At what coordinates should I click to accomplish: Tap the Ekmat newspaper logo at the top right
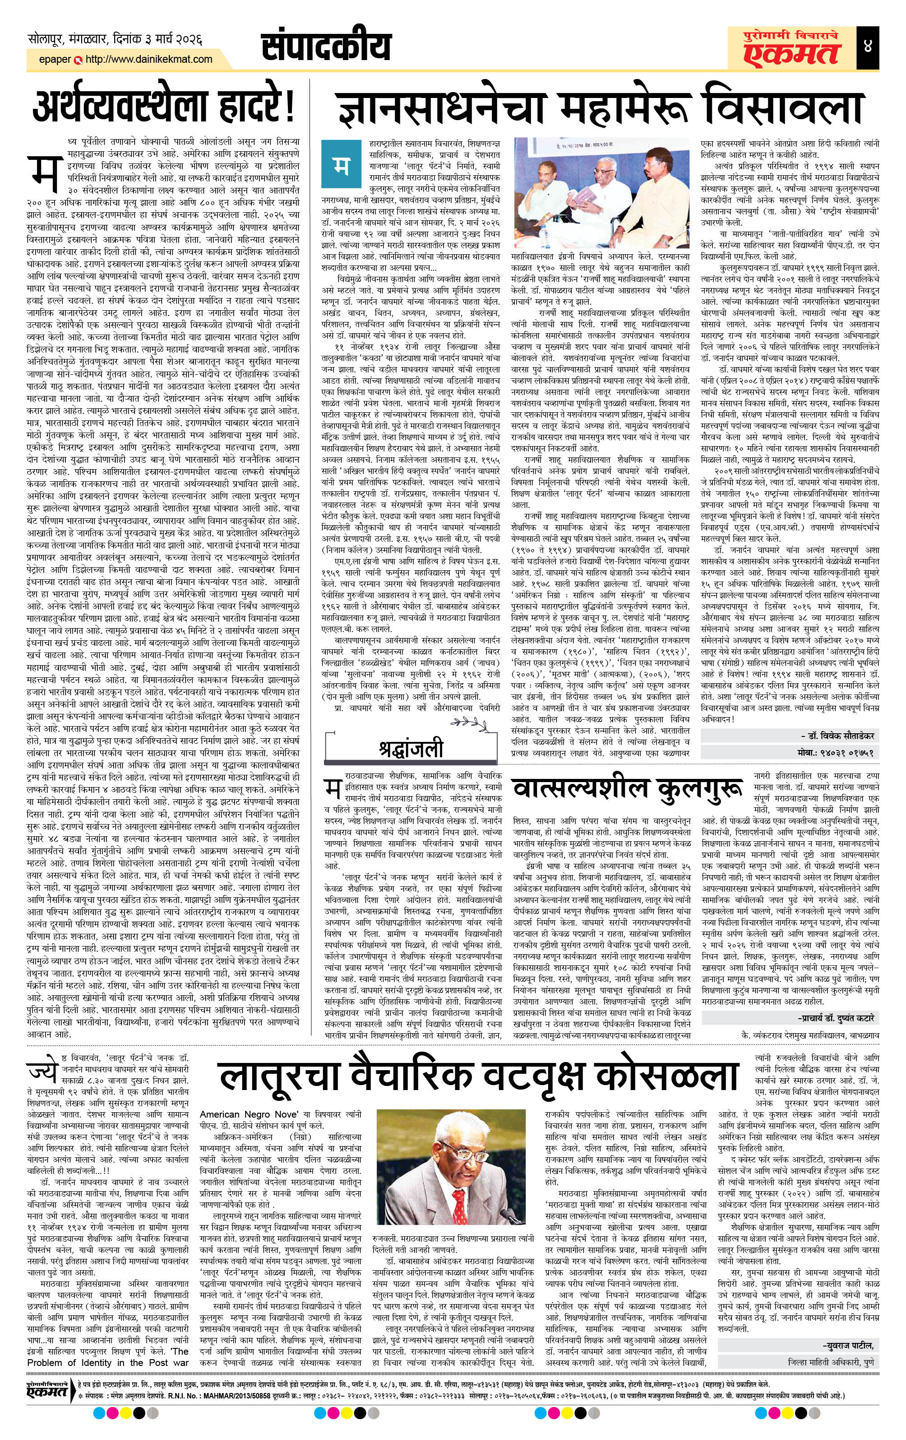786,46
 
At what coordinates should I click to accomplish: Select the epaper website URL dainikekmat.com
149,59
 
